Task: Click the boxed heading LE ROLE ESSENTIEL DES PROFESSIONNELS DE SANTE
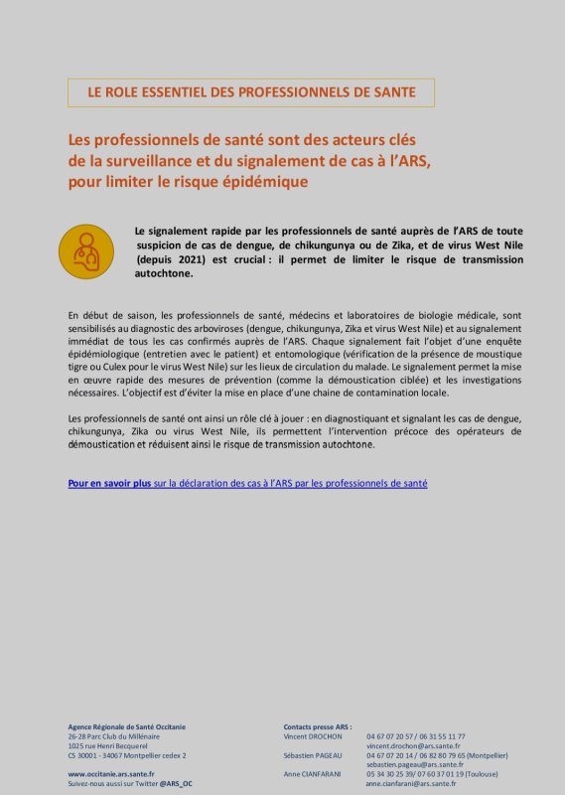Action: click(x=250, y=92)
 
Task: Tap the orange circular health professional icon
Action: click(x=86, y=251)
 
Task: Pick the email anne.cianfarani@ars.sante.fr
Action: click(x=411, y=783)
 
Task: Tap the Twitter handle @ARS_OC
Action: click(x=176, y=783)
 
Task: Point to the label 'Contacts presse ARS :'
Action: click(x=318, y=726)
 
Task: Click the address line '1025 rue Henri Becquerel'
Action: click(x=107, y=745)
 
